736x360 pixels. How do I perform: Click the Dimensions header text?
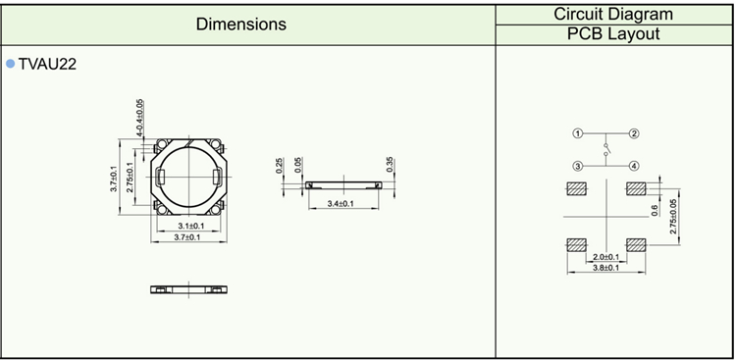click(240, 24)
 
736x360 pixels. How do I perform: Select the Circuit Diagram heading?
click(613, 14)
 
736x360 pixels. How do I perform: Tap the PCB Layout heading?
click(613, 33)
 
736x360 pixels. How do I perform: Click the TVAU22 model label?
click(47, 64)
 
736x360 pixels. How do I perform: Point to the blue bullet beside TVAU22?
click(11, 64)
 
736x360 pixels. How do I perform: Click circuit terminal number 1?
click(577, 133)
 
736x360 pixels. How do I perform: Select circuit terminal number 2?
click(634, 133)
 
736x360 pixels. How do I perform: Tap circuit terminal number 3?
click(577, 166)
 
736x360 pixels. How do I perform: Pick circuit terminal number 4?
click(634, 166)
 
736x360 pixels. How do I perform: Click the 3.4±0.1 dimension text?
click(343, 204)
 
